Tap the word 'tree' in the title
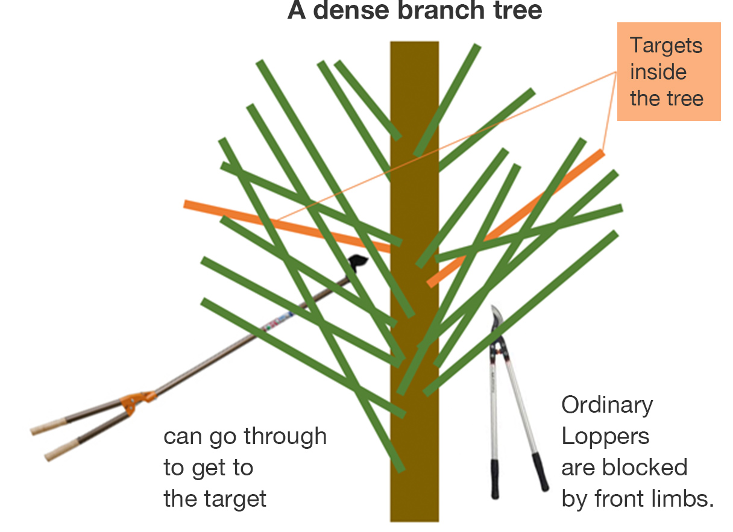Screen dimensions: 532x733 click(516, 11)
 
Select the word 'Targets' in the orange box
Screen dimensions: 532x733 click(666, 46)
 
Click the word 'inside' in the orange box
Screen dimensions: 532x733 click(658, 72)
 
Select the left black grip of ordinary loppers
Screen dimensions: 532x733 click(495, 480)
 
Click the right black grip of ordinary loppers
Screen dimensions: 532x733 click(541, 472)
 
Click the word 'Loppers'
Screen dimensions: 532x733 click(605, 436)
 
